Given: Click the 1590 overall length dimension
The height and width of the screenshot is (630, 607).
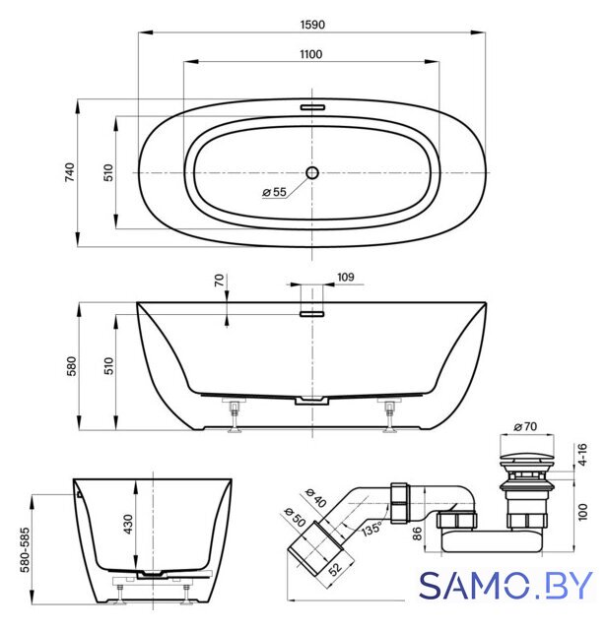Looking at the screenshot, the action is tap(312, 25).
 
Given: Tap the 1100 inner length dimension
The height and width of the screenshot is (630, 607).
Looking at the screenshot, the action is tap(311, 54).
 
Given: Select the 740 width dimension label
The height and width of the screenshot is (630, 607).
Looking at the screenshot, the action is tap(70, 172).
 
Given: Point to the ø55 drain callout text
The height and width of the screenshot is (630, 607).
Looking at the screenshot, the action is tap(274, 192).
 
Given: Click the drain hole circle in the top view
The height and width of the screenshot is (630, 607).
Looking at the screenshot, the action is tap(312, 173).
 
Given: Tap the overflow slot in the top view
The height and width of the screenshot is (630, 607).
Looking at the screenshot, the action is tap(312, 107).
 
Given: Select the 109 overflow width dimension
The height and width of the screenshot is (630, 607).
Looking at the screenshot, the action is tap(346, 277).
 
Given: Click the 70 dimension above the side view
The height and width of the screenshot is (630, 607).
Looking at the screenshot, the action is tap(219, 280).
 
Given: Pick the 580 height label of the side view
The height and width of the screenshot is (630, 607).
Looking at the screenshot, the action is tap(71, 366).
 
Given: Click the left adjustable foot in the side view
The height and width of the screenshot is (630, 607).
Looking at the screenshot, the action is tap(235, 415).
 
